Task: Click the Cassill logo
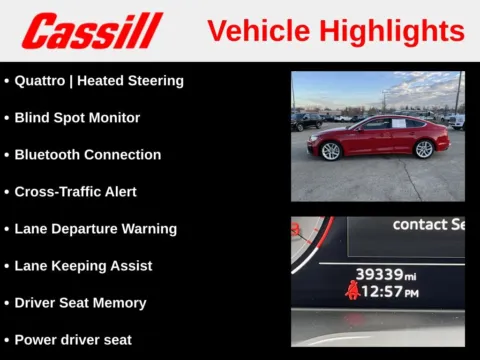pyautogui.click(x=92, y=31)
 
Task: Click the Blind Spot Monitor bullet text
pyautogui.click(x=77, y=118)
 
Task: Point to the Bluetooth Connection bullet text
pyautogui.click(x=87, y=155)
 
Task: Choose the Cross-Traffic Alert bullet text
pyautogui.click(x=75, y=192)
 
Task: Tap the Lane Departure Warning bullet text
pyautogui.click(x=95, y=229)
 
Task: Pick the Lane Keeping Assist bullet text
pyautogui.click(x=83, y=266)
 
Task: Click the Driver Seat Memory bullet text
pyautogui.click(x=80, y=303)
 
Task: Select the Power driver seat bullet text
pyautogui.click(x=73, y=340)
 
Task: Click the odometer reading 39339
pyautogui.click(x=379, y=274)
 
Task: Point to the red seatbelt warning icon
pyautogui.click(x=352, y=291)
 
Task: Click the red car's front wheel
pyautogui.click(x=331, y=151)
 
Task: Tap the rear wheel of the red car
pyautogui.click(x=424, y=149)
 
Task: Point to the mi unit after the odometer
pyautogui.click(x=410, y=276)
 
